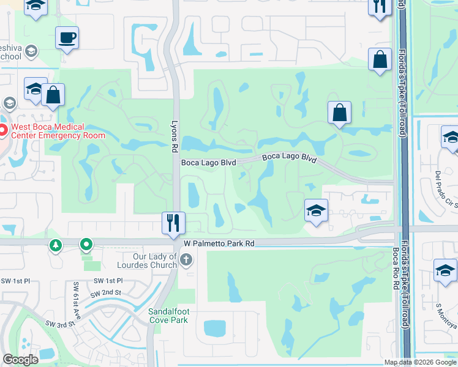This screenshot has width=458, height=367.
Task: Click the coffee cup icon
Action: pyautogui.click(x=67, y=38)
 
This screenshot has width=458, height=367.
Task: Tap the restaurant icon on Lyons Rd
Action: pyautogui.click(x=173, y=223)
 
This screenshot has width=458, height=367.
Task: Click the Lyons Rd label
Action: pyautogui.click(x=174, y=132)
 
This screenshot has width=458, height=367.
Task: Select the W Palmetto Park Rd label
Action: pyautogui.click(x=218, y=243)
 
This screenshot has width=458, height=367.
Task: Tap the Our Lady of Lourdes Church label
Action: pyautogui.click(x=147, y=261)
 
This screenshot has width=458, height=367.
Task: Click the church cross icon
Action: pyautogui.click(x=187, y=261)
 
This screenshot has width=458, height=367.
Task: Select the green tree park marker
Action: pyautogui.click(x=56, y=245)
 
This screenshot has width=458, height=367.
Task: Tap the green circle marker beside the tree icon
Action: pyautogui.click(x=86, y=245)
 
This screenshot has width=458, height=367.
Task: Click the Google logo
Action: pyautogui.click(x=20, y=360)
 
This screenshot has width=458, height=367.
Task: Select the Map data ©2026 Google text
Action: pyautogui.click(x=420, y=362)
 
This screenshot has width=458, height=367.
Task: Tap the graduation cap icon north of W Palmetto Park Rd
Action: pyautogui.click(x=316, y=211)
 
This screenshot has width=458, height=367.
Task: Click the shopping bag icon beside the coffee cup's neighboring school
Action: pyautogui.click(x=53, y=95)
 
